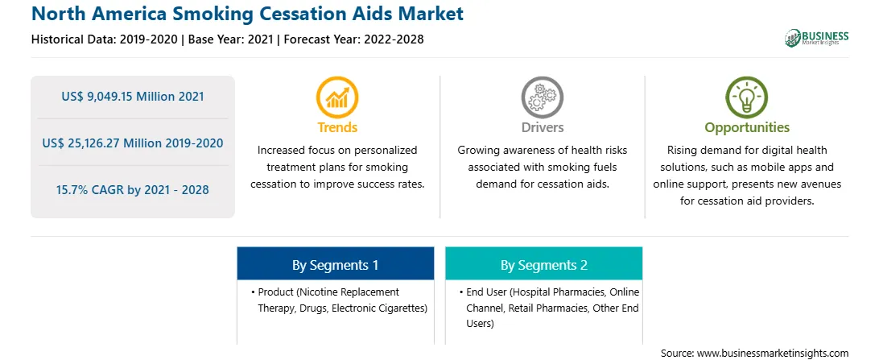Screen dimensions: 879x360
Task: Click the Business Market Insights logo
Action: (817, 38)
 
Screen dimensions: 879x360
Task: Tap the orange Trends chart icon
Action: (337, 97)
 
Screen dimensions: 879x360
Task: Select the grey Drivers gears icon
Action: (542, 97)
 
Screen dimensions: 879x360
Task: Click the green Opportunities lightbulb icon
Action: (747, 97)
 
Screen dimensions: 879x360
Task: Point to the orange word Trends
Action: (337, 127)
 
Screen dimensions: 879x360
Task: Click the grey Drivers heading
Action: (542, 127)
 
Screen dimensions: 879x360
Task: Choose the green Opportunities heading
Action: (747, 127)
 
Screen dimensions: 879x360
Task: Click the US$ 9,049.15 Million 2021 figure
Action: (133, 97)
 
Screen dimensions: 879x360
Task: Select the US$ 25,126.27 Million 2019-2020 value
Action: (133, 143)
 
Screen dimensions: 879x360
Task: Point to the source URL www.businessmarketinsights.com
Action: (772, 353)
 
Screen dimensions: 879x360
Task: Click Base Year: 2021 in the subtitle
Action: (231, 39)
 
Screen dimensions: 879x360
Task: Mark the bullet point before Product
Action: (254, 292)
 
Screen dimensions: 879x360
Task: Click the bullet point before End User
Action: (460, 292)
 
